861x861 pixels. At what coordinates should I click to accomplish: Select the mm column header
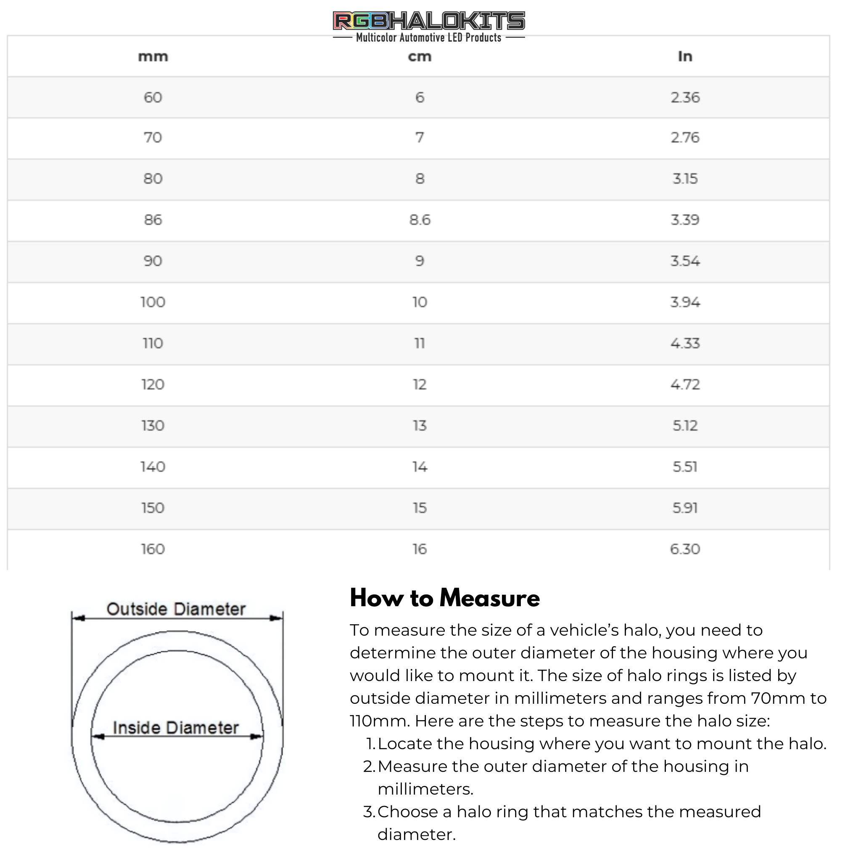pos(153,57)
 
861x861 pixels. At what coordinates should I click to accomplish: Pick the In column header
pos(685,56)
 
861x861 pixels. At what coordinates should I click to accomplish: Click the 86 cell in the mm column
pos(153,220)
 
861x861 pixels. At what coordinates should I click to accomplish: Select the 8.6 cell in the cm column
pos(420,220)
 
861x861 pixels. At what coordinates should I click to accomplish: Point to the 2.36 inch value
pos(685,97)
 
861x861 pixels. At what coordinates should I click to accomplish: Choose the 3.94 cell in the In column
pos(685,302)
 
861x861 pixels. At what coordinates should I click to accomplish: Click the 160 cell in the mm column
pos(153,549)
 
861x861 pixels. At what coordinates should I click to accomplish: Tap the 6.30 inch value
pos(685,549)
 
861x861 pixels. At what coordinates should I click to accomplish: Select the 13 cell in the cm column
pos(420,425)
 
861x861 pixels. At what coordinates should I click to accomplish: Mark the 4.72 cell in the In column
pos(685,384)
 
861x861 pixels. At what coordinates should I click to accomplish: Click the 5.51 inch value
pos(685,467)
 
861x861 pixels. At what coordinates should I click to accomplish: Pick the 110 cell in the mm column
pos(153,343)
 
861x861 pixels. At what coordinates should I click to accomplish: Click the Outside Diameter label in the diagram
pos(176,609)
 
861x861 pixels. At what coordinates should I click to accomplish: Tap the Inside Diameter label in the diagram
pos(176,728)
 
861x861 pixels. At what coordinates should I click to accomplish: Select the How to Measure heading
pos(445,598)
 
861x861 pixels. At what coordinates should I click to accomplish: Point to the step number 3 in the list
pos(369,811)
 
